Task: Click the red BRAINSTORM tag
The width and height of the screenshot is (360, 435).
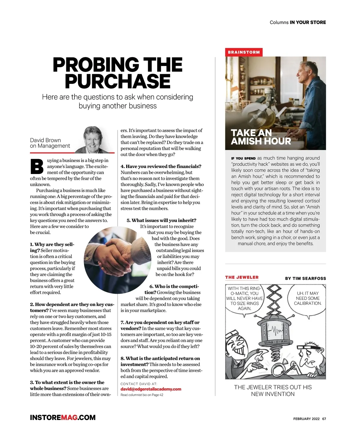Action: (x=244, y=52)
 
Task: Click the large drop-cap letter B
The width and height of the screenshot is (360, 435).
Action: (x=37, y=167)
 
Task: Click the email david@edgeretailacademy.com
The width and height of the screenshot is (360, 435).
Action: (x=151, y=389)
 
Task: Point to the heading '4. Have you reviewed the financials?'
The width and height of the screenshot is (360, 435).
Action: (x=161, y=166)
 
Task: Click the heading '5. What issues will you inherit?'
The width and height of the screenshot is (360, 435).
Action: (x=161, y=220)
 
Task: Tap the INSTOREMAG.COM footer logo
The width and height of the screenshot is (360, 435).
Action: (x=63, y=418)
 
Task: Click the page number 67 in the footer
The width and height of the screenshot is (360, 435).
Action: (x=324, y=419)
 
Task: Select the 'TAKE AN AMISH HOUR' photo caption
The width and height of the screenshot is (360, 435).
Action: (x=261, y=137)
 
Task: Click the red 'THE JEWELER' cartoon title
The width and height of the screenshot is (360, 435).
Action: (x=242, y=277)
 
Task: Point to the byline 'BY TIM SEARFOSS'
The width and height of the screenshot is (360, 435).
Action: (x=305, y=278)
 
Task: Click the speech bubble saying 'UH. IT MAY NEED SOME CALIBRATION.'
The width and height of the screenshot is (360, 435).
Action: (x=307, y=298)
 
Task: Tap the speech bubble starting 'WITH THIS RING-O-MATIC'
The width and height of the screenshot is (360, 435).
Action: (x=244, y=298)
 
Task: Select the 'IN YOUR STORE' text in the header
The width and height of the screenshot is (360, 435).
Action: (x=308, y=22)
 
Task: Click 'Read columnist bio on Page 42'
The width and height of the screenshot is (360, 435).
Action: (x=142, y=395)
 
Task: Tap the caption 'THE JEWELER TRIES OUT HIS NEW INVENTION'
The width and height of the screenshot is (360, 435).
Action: (x=273, y=391)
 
